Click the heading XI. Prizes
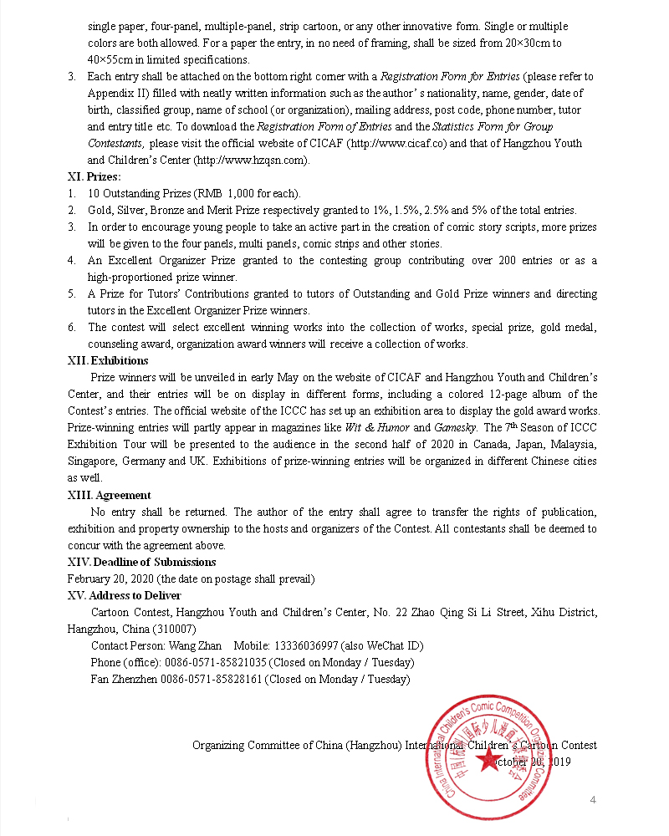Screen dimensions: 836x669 coord(94,176)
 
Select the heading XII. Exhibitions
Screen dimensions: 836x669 coord(108,361)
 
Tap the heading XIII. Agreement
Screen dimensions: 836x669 coord(109,495)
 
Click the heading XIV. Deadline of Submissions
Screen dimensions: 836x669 coord(141,562)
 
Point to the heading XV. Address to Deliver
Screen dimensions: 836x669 coord(124,595)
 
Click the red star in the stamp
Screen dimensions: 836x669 coord(488,759)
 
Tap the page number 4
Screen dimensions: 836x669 coord(593,801)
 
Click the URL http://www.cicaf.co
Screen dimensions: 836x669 coord(398,143)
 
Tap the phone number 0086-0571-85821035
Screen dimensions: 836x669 coord(216,662)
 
